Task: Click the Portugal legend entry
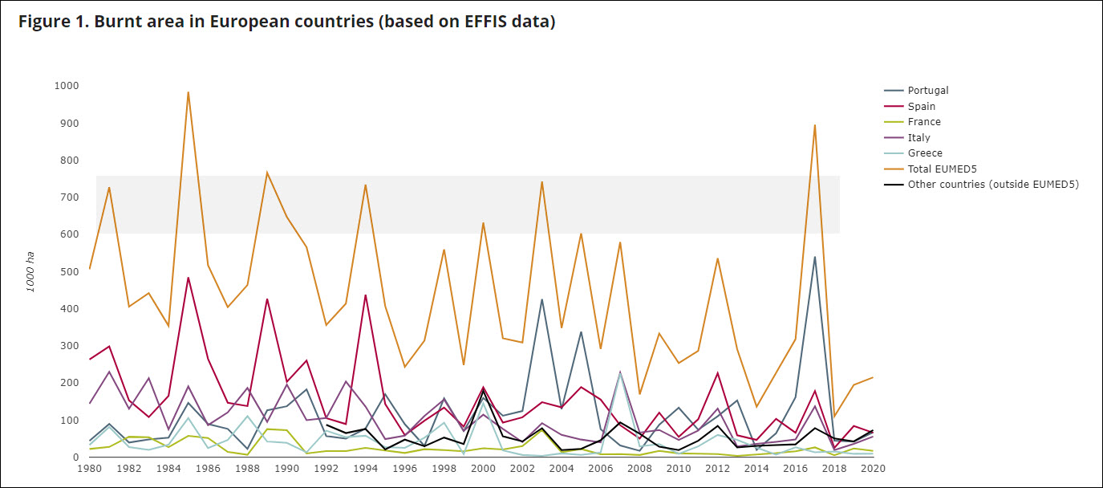tap(927, 91)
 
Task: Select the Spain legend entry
tap(922, 106)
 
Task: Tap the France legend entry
tap(924, 122)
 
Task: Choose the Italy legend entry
tap(919, 137)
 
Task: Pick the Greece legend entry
tap(925, 153)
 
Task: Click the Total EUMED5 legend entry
tap(943, 169)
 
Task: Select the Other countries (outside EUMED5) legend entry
tap(993, 185)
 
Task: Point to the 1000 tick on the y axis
tap(67, 86)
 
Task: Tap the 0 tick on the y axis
tap(75, 458)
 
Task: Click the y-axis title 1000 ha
tap(31, 271)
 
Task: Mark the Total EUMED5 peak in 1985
tap(188, 92)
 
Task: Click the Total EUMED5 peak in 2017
tap(815, 125)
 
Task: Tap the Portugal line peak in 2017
tap(815, 257)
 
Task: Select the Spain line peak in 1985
tap(188, 278)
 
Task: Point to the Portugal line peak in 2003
tap(541, 299)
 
